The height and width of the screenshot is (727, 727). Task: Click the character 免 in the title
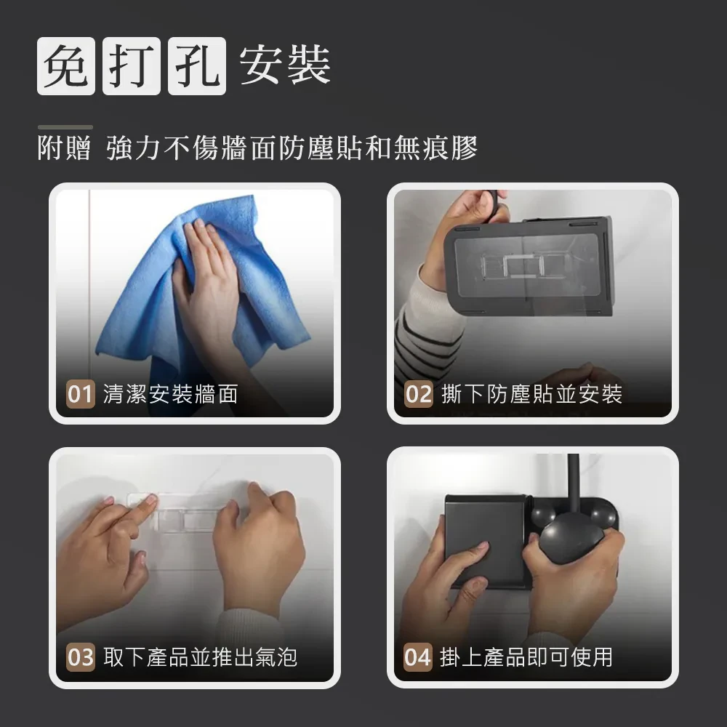coord(66,66)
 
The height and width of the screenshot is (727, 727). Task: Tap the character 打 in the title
coord(131,66)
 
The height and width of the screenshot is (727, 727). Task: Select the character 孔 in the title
coord(196,66)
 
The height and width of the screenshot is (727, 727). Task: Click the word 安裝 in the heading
coord(285,65)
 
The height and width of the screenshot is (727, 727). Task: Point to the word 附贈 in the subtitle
coord(64,148)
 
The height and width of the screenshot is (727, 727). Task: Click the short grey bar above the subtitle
coord(65,127)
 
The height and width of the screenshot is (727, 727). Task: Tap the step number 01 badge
coord(80,394)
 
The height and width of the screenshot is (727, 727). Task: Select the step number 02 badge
coord(418,394)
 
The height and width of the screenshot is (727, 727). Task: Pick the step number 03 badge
coord(80,657)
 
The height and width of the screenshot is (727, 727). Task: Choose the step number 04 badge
coord(418,657)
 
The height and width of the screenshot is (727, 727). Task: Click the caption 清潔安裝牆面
coord(171,394)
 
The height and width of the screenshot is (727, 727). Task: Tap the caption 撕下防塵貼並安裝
coord(532,394)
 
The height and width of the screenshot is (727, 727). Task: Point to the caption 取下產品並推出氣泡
coord(201,657)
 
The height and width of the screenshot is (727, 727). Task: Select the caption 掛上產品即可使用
coord(526,657)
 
